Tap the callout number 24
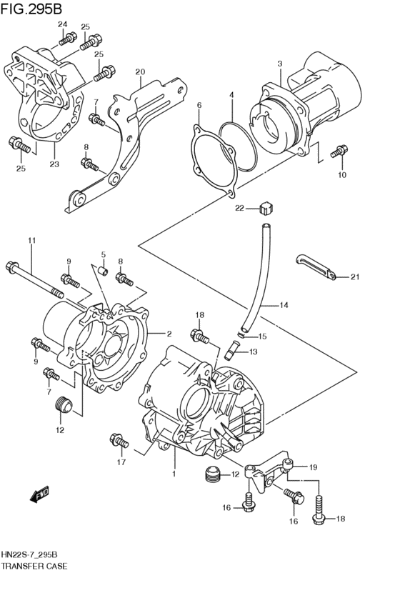(x=62, y=25)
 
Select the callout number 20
(x=140, y=71)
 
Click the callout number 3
(x=280, y=64)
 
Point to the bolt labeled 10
(x=339, y=152)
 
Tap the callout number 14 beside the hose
(x=284, y=306)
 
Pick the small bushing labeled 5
(x=103, y=271)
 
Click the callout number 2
(x=169, y=334)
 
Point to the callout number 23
(x=54, y=163)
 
